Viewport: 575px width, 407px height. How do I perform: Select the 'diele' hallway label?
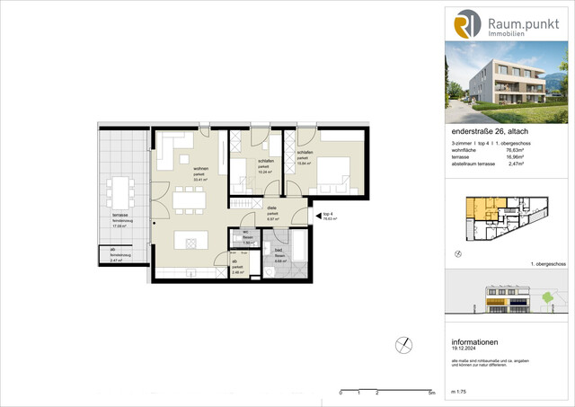coord(271,208)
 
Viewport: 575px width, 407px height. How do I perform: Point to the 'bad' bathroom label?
coord(279,251)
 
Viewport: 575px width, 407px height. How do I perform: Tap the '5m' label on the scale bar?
coord(431,394)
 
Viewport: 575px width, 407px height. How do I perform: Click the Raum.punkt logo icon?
coord(467,24)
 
